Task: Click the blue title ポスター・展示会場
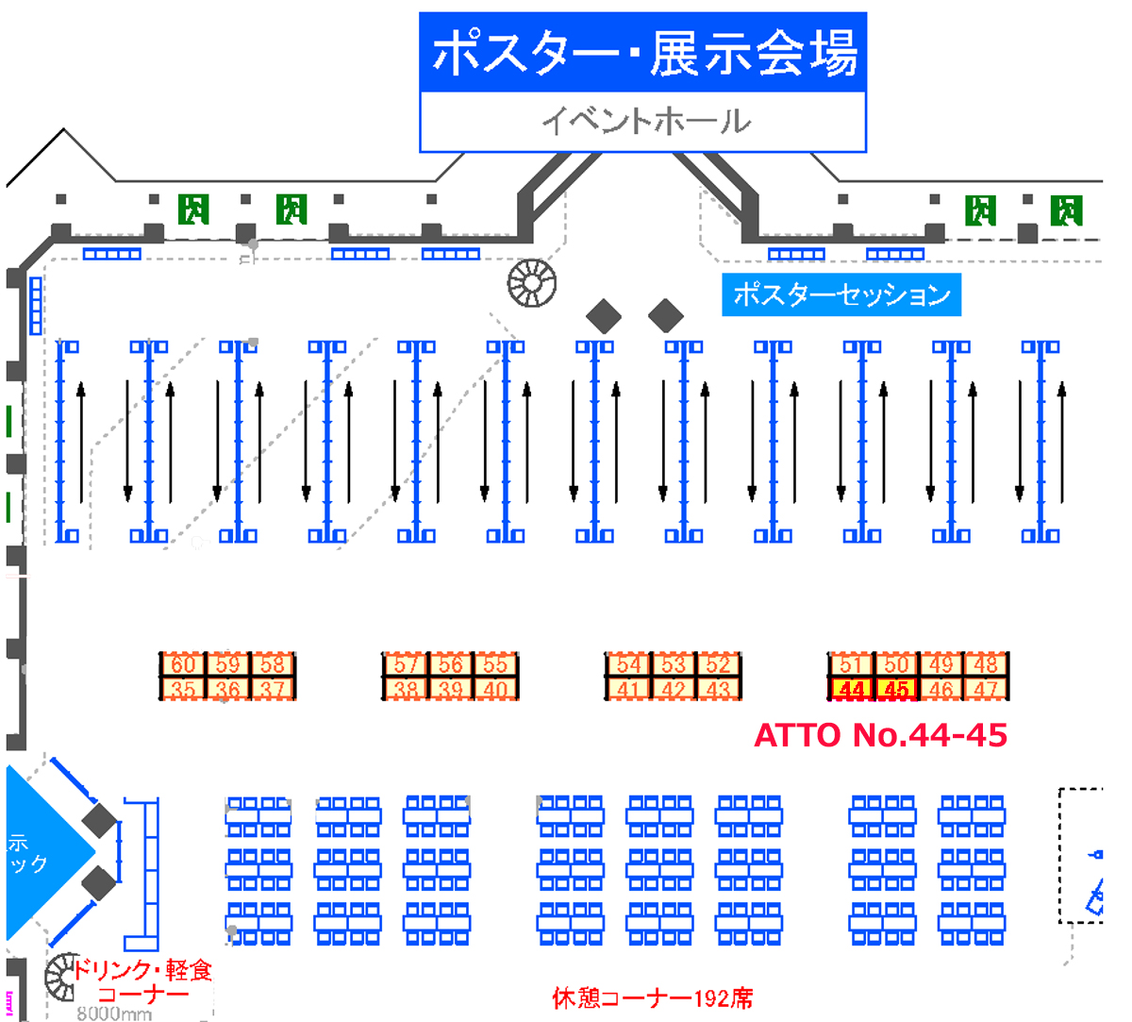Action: tap(643, 53)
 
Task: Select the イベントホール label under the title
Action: tap(644, 122)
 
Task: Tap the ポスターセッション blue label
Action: tap(841, 294)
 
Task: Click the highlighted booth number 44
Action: tap(851, 690)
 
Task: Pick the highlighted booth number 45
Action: tap(896, 690)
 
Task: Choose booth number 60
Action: tap(183, 664)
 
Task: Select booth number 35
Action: tap(183, 690)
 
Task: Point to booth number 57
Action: tap(406, 664)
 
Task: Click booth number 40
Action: tap(495, 690)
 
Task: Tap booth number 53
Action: tap(673, 664)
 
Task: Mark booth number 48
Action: tap(986, 664)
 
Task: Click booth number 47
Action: tap(986, 690)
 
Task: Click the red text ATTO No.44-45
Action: tap(881, 735)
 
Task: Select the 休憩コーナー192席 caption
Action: tap(653, 998)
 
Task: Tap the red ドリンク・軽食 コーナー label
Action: tap(142, 981)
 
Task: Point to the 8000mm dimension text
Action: tap(113, 1014)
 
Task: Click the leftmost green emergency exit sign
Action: tap(193, 209)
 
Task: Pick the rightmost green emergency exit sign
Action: tap(1067, 210)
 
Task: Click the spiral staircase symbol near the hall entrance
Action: tap(532, 283)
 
